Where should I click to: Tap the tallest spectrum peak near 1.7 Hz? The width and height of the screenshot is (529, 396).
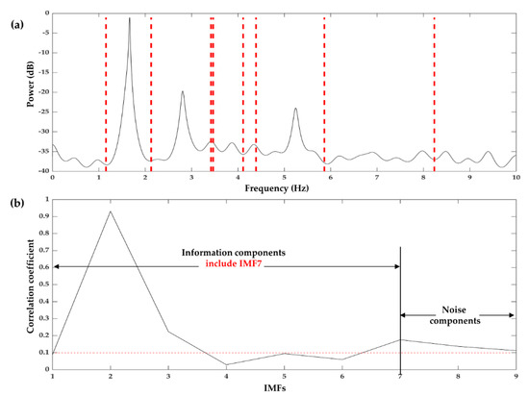pyautogui.click(x=130, y=18)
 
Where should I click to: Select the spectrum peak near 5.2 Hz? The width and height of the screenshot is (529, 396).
pyautogui.click(x=295, y=109)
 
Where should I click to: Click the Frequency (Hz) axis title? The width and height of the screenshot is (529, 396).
pyautogui.click(x=284, y=188)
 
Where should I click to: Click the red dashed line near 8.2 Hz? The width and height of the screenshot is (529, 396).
pyautogui.click(x=435, y=96)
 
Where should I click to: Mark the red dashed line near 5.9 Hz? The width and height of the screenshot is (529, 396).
pyautogui.click(x=325, y=96)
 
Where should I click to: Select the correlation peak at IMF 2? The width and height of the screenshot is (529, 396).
pyautogui.click(x=111, y=211)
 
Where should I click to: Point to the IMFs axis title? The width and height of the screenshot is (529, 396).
pyautogui.click(x=285, y=388)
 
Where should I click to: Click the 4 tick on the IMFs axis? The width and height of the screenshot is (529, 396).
pyautogui.click(x=226, y=378)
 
